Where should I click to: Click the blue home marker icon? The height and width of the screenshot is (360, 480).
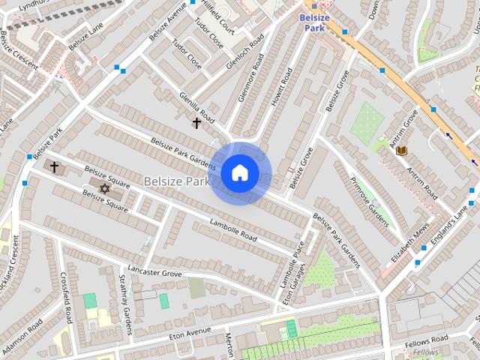(x=240, y=173)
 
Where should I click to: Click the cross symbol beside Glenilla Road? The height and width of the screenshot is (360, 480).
(x=196, y=122)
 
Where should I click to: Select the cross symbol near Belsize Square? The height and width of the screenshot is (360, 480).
(x=54, y=166)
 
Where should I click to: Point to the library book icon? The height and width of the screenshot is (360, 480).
(x=401, y=151)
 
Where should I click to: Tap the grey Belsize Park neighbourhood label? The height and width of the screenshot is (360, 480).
(x=176, y=181)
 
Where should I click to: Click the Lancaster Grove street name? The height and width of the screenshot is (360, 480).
(x=155, y=271)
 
